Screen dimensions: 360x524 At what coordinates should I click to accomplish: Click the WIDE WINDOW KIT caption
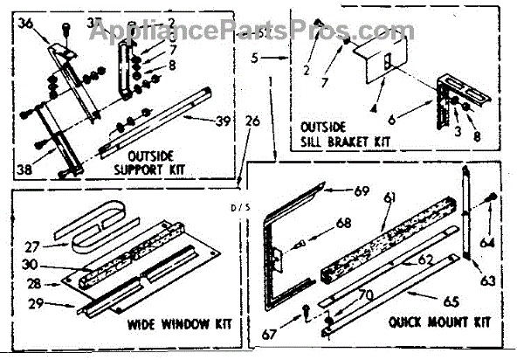coord(172,324)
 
